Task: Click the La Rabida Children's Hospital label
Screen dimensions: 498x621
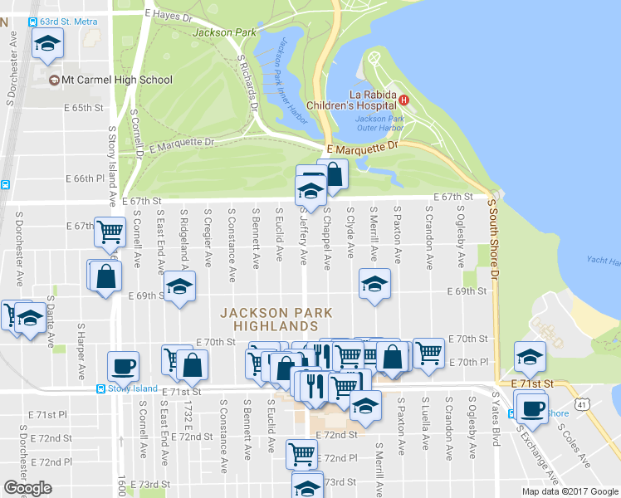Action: pyautogui.click(x=354, y=99)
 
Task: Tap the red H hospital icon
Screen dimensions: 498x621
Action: pyautogui.click(x=404, y=100)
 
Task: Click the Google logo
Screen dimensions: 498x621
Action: pyautogui.click(x=27, y=488)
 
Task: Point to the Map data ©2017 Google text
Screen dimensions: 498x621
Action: pyautogui.click(x=570, y=491)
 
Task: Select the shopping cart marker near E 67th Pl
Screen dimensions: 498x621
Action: pyautogui.click(x=109, y=231)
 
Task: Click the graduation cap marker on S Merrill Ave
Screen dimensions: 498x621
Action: pyautogui.click(x=374, y=284)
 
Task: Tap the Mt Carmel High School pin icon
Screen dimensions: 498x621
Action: pyautogui.click(x=55, y=81)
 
